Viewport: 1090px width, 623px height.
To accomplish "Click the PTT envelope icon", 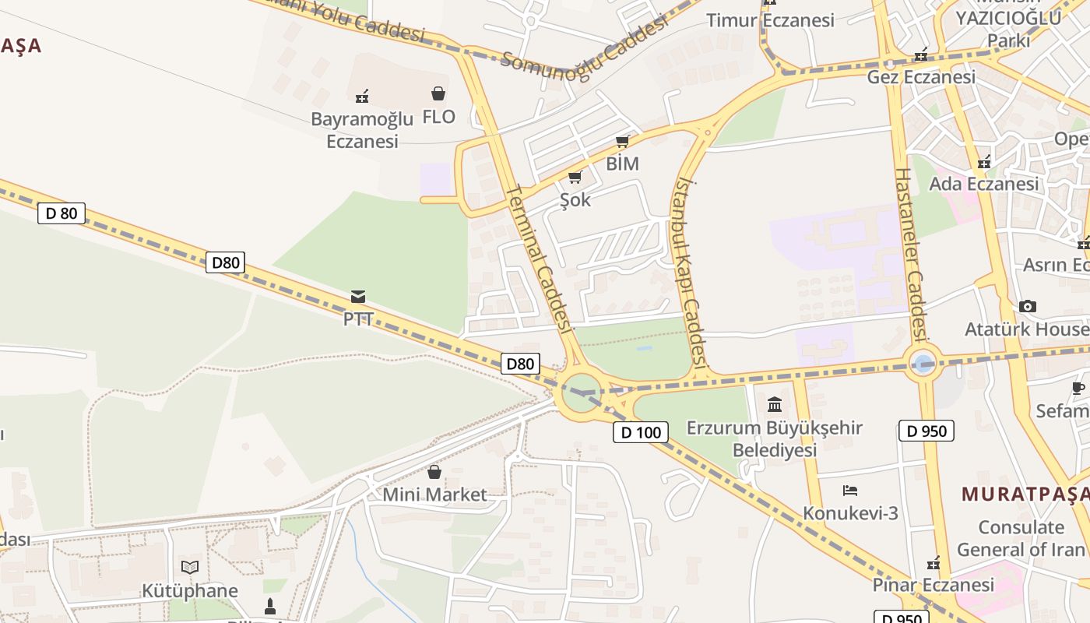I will click(x=358, y=297).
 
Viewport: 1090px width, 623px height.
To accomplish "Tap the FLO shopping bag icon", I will click(x=438, y=94).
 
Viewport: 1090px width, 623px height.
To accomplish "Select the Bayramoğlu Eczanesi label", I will click(x=362, y=130).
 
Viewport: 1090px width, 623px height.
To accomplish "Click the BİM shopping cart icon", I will click(x=622, y=142).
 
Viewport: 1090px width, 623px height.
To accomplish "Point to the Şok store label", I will click(x=575, y=200).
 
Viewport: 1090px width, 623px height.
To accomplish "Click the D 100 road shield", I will click(x=641, y=432).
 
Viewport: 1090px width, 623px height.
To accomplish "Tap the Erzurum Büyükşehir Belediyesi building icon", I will click(x=775, y=404).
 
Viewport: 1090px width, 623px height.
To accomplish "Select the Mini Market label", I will click(x=434, y=495).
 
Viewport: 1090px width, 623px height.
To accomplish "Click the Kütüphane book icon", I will click(x=190, y=567).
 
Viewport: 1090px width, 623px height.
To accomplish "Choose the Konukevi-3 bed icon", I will click(x=850, y=491).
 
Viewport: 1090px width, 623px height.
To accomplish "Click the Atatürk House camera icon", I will click(x=1027, y=306).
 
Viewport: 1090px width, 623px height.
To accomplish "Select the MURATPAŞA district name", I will click(x=1025, y=494).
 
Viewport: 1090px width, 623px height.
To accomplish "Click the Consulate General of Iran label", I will click(x=1020, y=538).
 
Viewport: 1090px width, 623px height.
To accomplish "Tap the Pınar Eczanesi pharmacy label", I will click(x=933, y=584).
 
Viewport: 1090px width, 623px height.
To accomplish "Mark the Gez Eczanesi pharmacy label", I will click(x=921, y=77).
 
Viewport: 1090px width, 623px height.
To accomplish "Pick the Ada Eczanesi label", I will click(x=984, y=184).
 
